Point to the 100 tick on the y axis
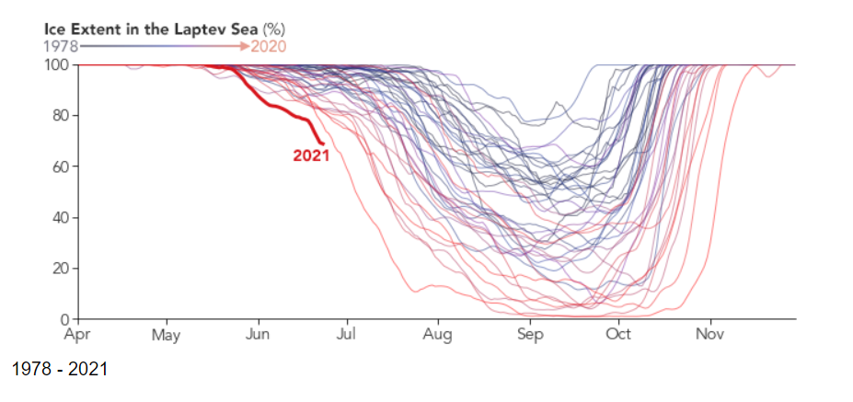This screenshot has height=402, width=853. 57,65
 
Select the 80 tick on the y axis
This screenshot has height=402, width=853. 61,116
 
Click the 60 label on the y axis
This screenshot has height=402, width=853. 61,167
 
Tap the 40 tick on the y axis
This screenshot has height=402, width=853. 61,218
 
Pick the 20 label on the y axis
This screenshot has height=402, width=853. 61,269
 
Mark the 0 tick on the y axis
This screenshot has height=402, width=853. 65,319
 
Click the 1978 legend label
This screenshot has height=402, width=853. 61,45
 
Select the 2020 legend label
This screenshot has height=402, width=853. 270,45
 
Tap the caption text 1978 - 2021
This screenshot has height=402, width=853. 60,369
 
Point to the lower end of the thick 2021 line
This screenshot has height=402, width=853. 322,142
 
